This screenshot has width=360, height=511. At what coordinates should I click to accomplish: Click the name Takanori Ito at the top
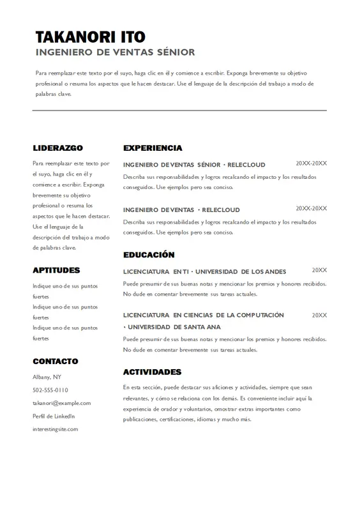pos(90,36)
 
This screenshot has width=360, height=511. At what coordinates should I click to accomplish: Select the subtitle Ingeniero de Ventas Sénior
pos(115,52)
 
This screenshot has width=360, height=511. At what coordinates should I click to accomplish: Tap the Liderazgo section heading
pos(57,148)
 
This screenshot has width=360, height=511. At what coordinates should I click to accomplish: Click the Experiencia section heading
pos(153,148)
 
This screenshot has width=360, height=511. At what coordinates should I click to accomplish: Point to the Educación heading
pos(149,254)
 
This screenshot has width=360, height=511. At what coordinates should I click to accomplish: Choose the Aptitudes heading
pos(56,270)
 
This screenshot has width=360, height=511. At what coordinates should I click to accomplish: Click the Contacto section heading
pos(56,361)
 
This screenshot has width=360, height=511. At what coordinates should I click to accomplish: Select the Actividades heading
pos(152,372)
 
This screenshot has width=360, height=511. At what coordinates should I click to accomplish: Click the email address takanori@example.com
pos(62,403)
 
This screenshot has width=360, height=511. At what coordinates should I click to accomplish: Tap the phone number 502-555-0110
pos(50,390)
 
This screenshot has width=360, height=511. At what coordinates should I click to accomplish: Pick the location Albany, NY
pos(47,377)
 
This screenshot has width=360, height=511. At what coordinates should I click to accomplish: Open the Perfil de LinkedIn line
pos(54,416)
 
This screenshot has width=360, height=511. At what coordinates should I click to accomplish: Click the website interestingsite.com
pos(56,429)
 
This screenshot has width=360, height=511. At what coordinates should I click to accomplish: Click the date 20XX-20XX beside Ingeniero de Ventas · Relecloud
pos(311,208)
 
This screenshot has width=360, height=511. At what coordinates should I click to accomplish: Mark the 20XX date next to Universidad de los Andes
pos(319,270)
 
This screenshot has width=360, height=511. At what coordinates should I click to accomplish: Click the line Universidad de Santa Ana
pos(172,327)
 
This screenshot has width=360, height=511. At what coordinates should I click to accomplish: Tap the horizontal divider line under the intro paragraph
pos(179,111)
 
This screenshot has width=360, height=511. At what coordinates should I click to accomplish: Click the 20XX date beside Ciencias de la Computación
pos(319,315)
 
